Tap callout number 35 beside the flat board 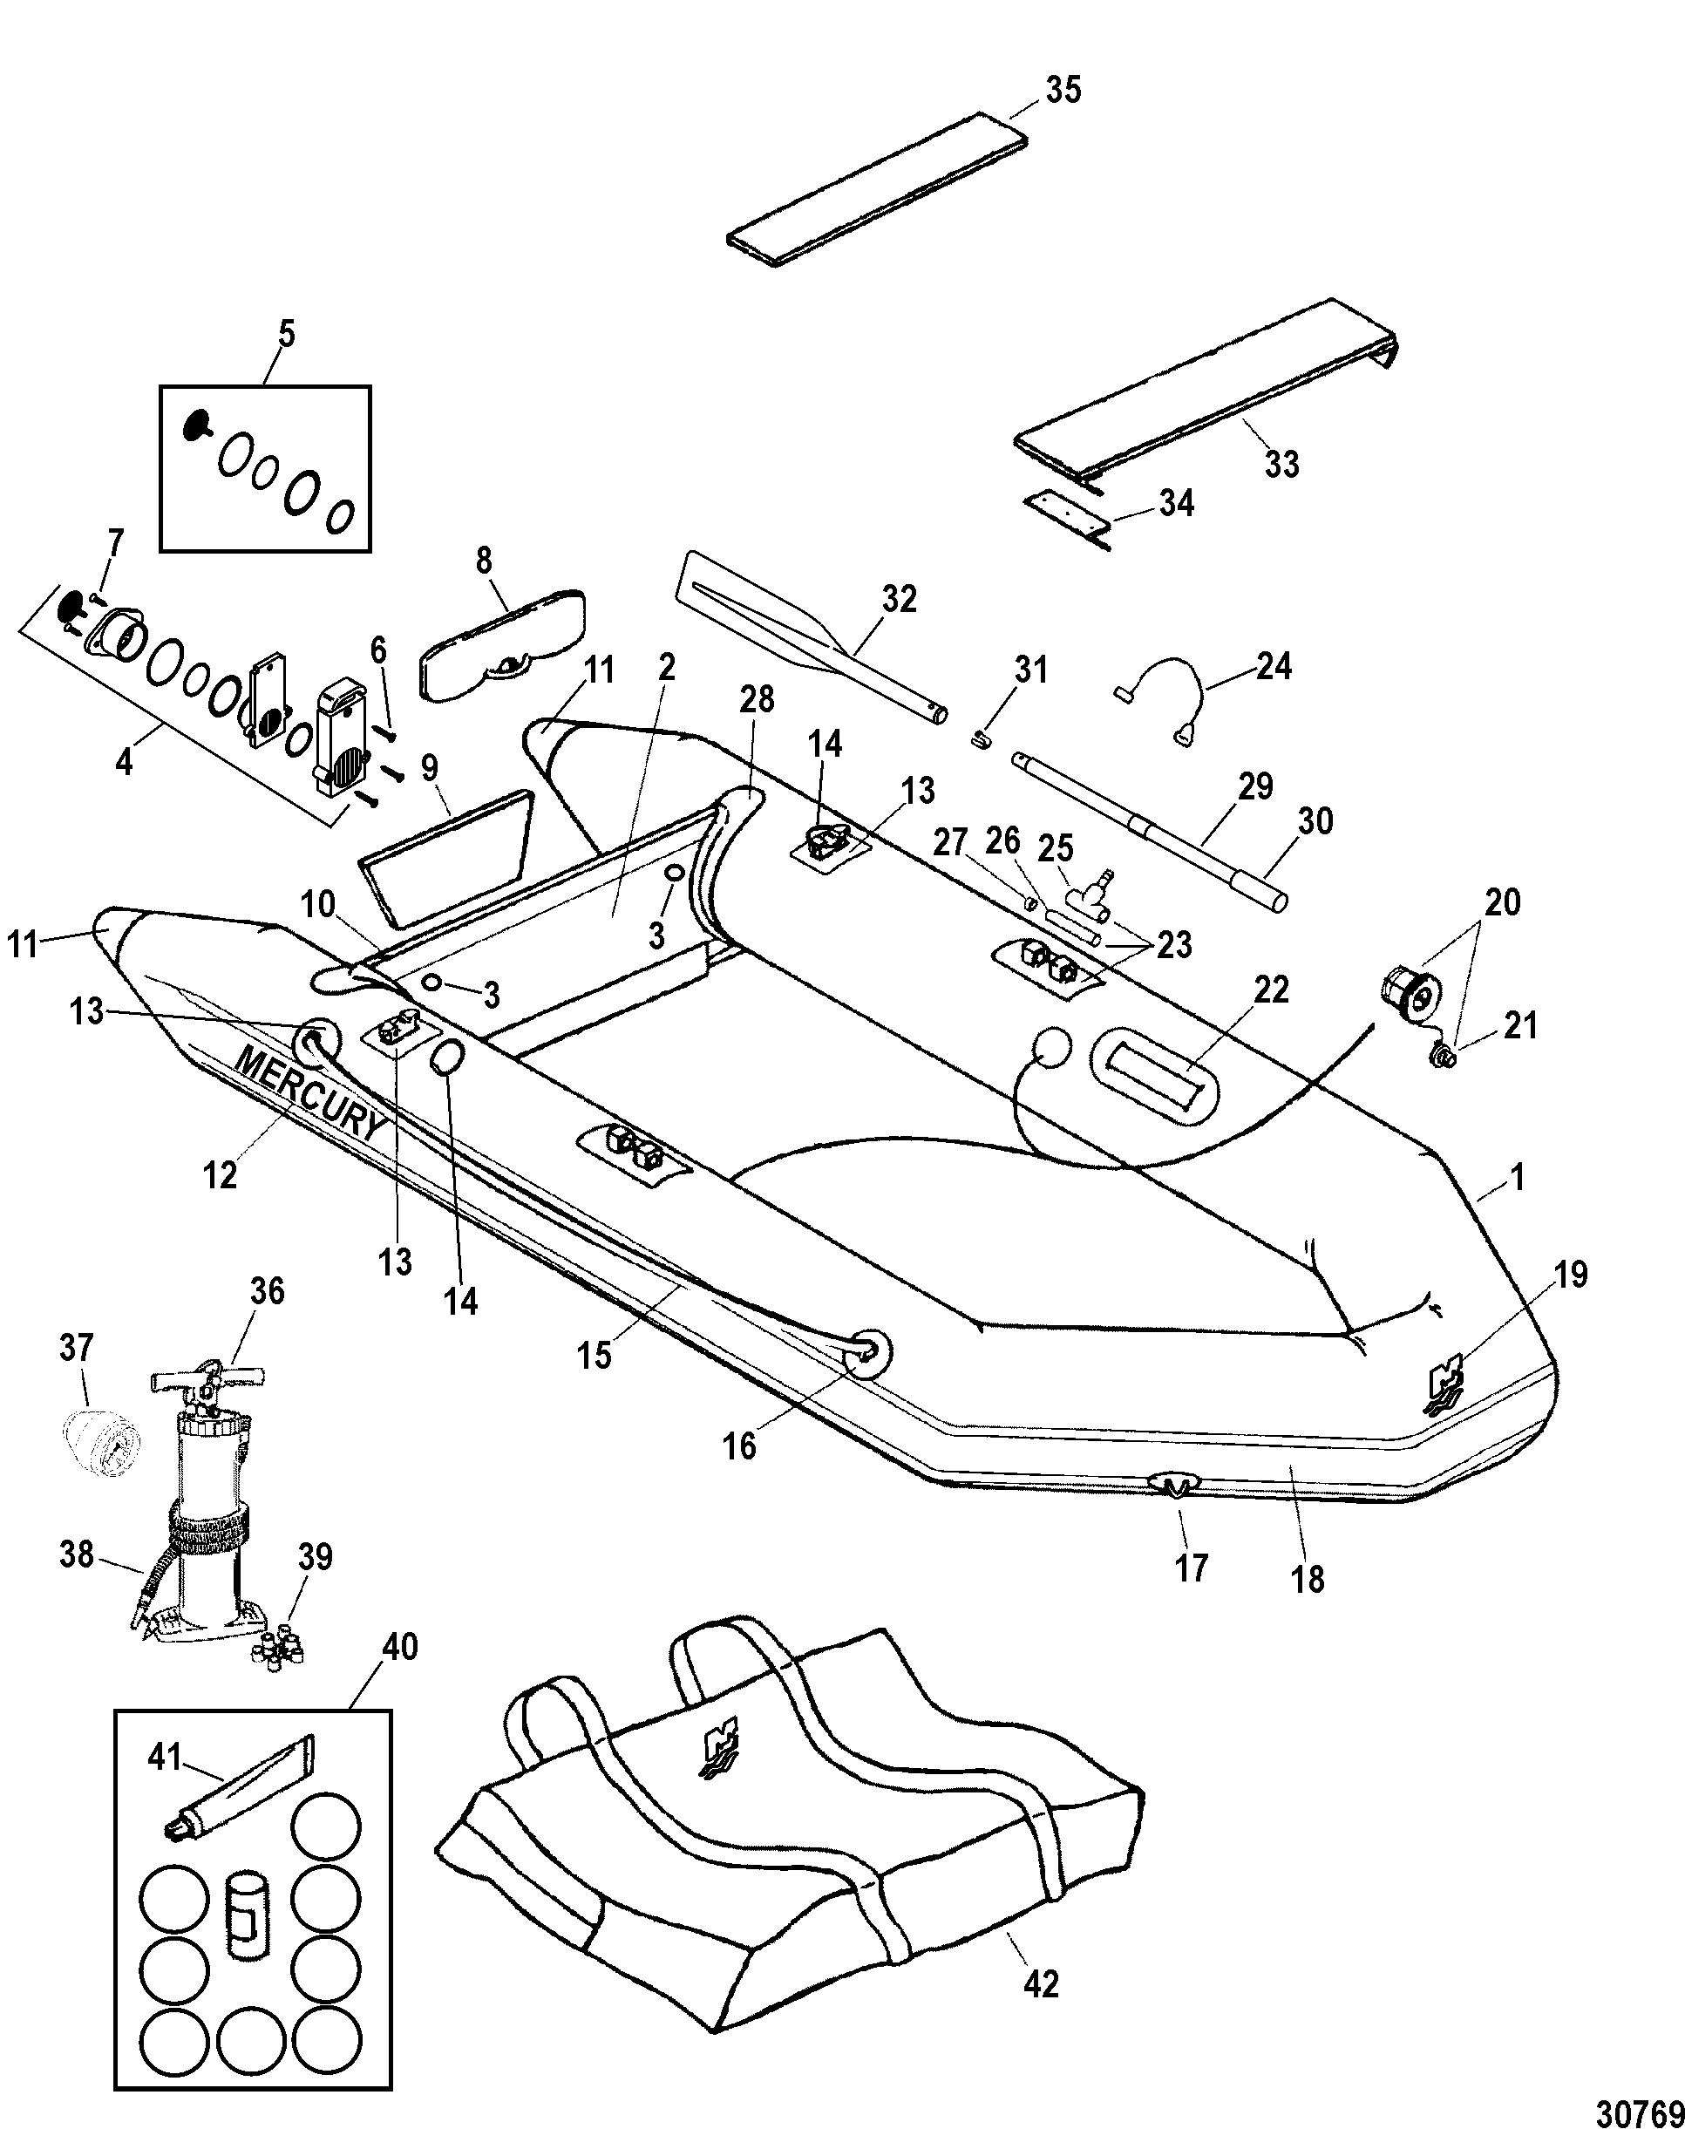click(1063, 90)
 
